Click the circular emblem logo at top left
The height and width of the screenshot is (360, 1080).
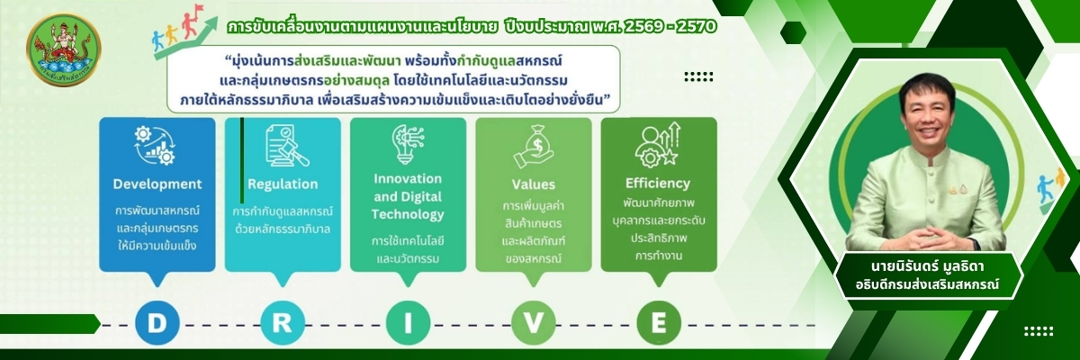[x=64, y=50]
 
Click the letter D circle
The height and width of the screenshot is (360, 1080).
[x=157, y=323]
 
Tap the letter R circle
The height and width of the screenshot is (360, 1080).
[x=283, y=323]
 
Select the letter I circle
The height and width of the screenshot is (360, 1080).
[x=408, y=323]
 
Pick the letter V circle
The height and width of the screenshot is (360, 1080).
[x=533, y=323]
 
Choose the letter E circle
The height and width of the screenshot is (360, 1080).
[x=659, y=323]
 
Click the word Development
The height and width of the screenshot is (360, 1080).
[x=157, y=184]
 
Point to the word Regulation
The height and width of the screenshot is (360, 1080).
[x=283, y=184]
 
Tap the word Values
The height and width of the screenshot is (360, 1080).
[x=533, y=184]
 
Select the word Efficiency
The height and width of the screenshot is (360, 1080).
[x=658, y=183]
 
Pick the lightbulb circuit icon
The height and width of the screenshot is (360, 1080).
[x=408, y=145]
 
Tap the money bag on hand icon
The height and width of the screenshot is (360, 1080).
[x=534, y=147]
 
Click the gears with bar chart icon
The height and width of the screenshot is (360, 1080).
[x=155, y=146]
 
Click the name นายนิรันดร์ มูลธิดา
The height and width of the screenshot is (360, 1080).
[x=927, y=266]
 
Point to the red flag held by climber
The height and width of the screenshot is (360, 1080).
[x=198, y=10]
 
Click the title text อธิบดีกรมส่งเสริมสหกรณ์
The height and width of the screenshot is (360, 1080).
[x=927, y=284]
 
